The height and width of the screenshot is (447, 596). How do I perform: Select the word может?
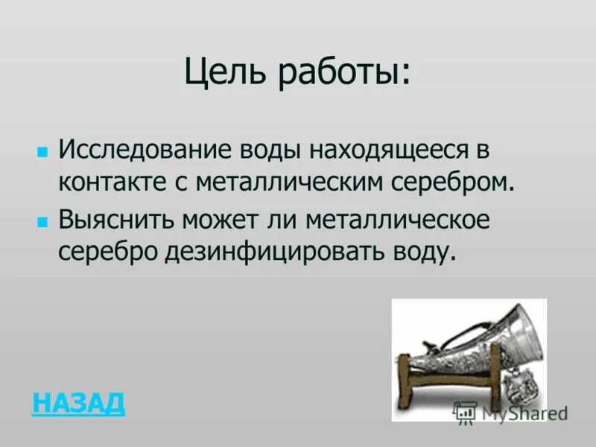[223, 221]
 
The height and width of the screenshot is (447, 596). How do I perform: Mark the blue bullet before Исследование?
[42, 150]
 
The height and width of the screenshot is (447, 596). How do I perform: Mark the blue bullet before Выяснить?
[42, 222]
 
